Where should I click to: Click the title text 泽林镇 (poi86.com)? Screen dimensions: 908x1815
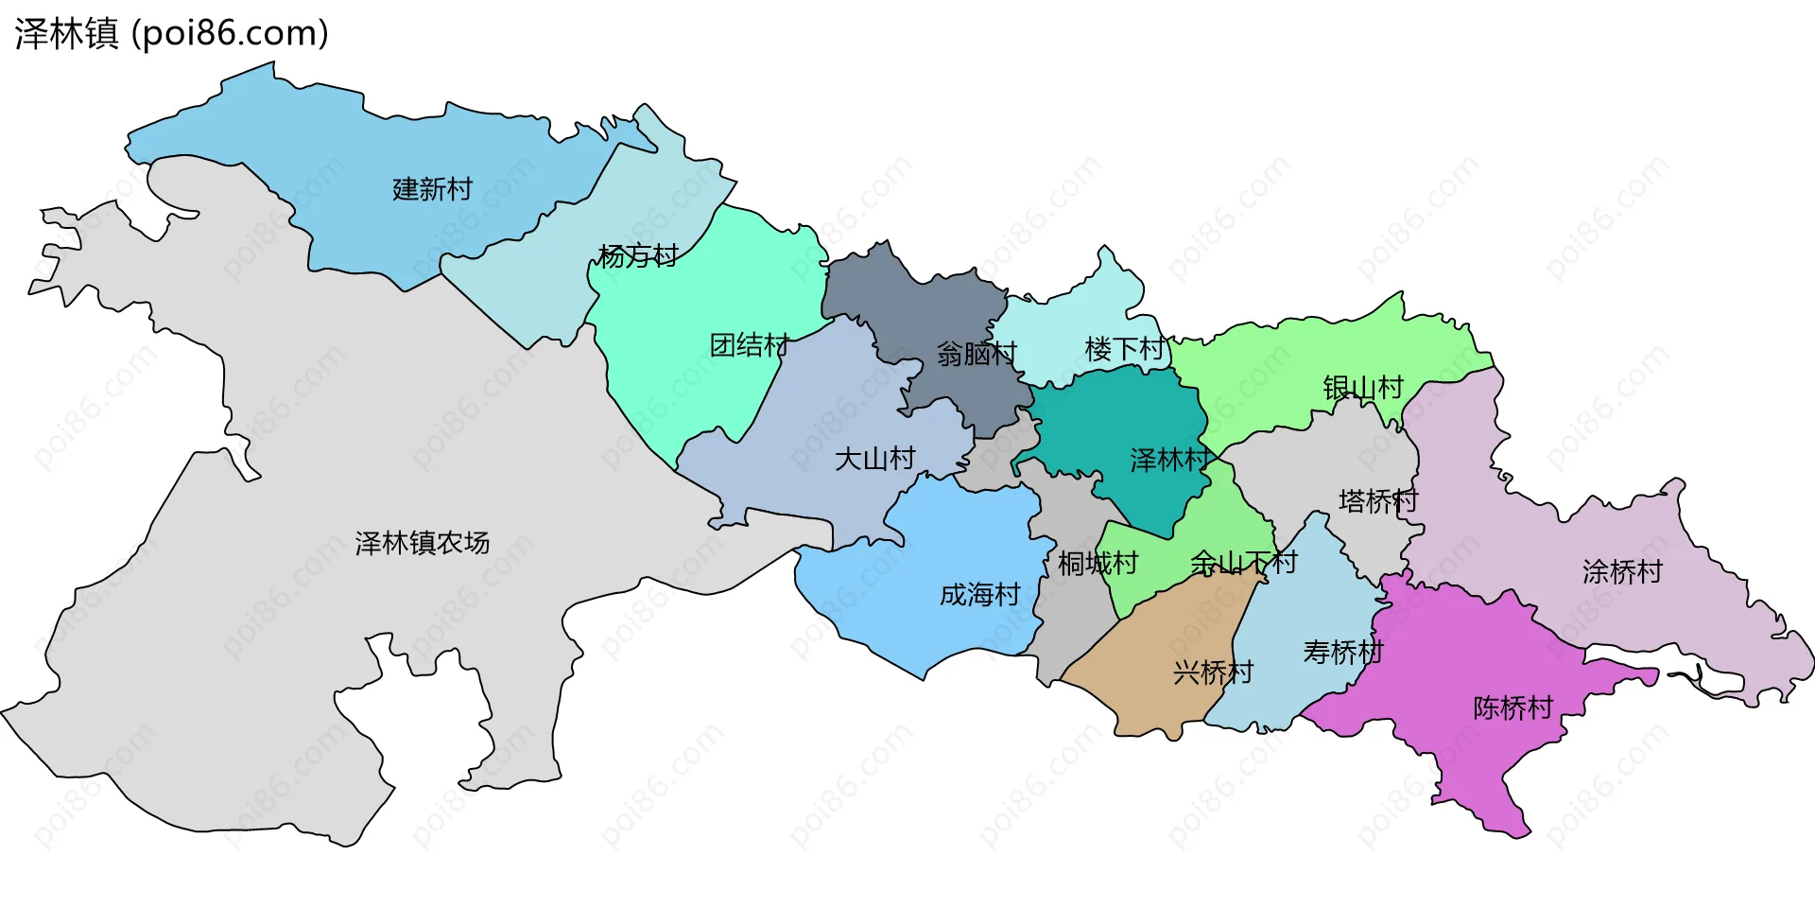pos(171,34)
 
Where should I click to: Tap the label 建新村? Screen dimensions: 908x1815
pos(432,189)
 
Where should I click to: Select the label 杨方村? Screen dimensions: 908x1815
pos(638,255)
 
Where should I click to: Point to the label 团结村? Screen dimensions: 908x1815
pos(750,345)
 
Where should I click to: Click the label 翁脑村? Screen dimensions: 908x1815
pos(977,354)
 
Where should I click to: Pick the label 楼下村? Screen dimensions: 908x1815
pos(1125,349)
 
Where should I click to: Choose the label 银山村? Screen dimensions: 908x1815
pos(1363,388)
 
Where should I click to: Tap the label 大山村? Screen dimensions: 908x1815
pos(874,459)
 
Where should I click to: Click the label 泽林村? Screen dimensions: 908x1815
pos(1170,460)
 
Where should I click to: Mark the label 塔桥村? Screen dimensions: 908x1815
pos(1378,500)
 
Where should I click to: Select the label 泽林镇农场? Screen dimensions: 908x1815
pos(423,542)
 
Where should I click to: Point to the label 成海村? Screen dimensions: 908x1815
pos(980,594)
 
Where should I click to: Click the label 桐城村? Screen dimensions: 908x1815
pos(1098,564)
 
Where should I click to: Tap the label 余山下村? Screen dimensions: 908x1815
pos(1243,563)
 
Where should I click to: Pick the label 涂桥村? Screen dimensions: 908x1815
pos(1622,571)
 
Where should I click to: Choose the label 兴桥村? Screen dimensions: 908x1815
pos(1213,672)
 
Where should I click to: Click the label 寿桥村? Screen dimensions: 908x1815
pos(1343,652)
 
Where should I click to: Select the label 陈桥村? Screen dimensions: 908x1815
pos(1512,707)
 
